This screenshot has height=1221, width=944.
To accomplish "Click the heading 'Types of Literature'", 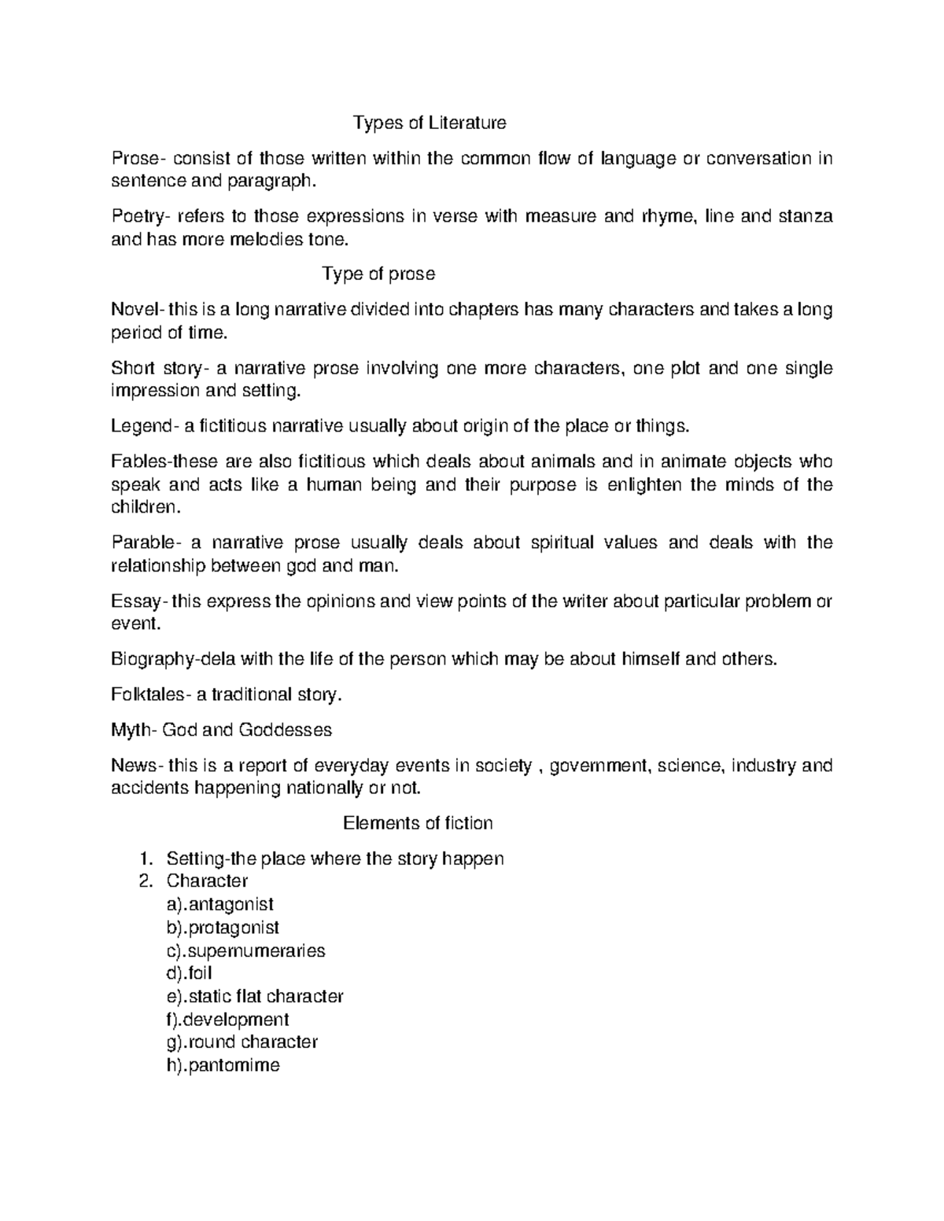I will coord(430,123).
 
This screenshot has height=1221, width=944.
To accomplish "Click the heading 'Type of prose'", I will coord(378,274).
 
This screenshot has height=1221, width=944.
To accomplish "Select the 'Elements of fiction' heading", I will coord(418,823).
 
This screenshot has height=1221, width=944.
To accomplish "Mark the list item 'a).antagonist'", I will coord(215,905).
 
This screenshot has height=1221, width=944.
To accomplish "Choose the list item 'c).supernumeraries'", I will coord(241,951).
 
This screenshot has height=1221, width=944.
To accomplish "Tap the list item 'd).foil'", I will coord(190,973).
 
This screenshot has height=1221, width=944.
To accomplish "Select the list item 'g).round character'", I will coord(237,1043).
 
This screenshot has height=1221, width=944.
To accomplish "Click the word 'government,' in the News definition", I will coord(599,766).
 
